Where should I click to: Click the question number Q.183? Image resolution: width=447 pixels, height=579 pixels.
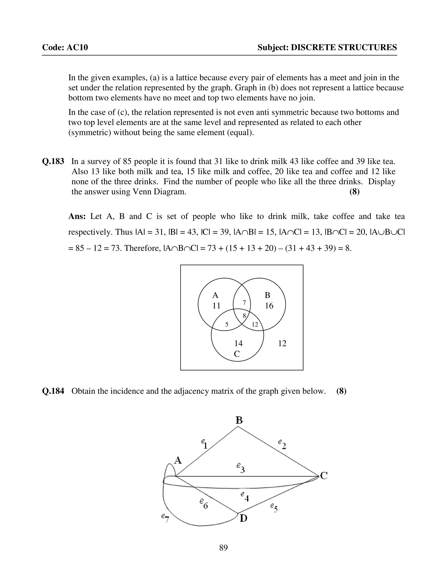click(x=53, y=161)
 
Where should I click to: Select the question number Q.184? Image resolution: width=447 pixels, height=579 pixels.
click(x=53, y=391)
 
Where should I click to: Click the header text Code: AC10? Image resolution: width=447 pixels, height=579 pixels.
click(x=65, y=47)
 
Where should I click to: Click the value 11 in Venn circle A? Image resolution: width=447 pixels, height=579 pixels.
click(x=216, y=306)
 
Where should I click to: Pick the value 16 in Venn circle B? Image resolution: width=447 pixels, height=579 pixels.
click(x=269, y=306)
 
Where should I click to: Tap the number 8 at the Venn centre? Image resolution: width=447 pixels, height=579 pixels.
click(x=244, y=316)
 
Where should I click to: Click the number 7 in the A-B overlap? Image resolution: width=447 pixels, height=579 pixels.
click(x=244, y=302)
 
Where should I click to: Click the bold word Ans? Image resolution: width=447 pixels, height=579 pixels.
click(x=77, y=216)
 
